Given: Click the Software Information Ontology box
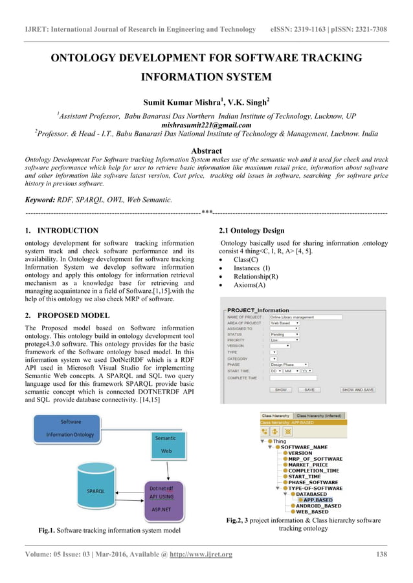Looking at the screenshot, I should pos(71,428).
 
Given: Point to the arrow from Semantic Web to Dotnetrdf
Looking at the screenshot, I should pos(164,470).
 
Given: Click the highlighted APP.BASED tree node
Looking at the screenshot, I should pos(318,500).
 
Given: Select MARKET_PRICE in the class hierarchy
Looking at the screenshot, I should pos(308,465).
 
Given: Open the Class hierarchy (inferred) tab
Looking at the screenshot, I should pos(320,415).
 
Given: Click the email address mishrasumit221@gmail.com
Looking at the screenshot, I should pos(206,125).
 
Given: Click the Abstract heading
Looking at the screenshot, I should pos(206,150).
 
